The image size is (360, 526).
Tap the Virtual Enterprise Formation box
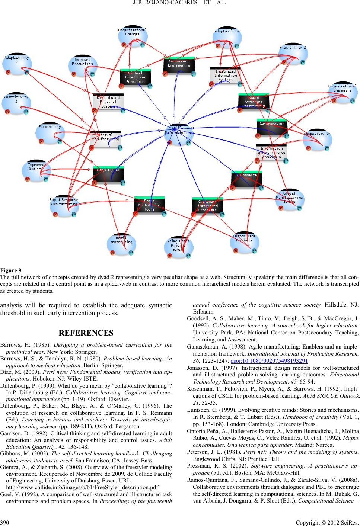pyautogui.click(x=135, y=78)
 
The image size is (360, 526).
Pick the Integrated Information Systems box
pyautogui.click(x=225, y=76)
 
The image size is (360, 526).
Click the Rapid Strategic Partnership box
pyautogui.click(x=253, y=102)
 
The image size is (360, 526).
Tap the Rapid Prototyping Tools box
pyautogui.click(x=149, y=205)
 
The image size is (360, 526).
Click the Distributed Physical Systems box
pyautogui.click(x=108, y=102)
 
